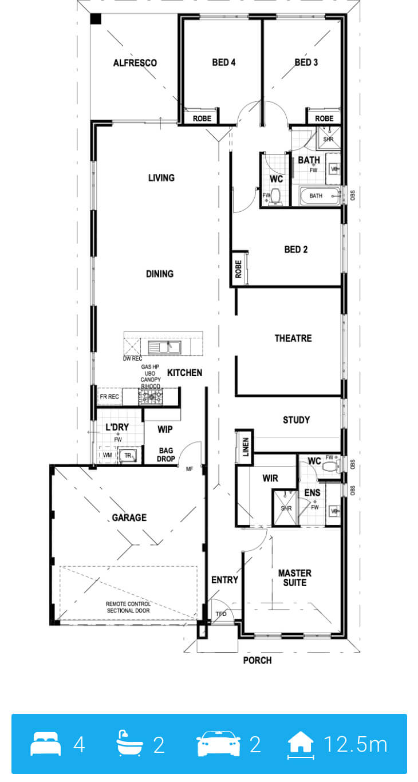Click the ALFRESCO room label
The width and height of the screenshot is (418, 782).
135,63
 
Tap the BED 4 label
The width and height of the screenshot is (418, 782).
224,62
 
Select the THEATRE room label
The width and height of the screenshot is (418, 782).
293,338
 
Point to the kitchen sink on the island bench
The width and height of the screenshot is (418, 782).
164,347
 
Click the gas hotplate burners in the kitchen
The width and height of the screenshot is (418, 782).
151,397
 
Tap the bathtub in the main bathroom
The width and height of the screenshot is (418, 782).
320,196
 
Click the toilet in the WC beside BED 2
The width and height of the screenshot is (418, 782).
276,196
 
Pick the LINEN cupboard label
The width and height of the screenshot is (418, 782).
246,447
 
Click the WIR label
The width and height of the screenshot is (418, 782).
271,478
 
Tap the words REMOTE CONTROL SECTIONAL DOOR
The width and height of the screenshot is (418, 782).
128,607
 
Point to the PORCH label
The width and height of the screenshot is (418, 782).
257,660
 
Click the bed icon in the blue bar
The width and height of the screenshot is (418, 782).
45,744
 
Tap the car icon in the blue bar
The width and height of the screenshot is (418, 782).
219,743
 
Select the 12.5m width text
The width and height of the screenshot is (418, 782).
356,744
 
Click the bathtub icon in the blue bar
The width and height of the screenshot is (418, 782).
129,743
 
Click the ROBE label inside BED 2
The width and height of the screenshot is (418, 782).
239,269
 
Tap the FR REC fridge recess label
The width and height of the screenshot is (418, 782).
109,397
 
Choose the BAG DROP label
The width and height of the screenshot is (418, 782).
166,455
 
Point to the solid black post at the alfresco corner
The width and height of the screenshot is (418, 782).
96,19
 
